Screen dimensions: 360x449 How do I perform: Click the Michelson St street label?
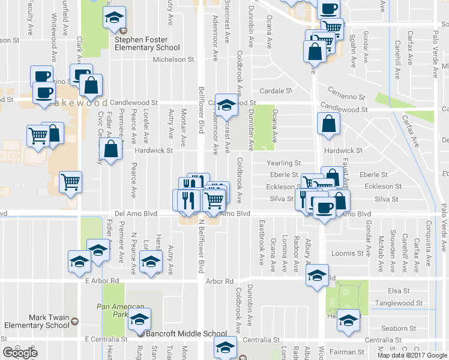173,59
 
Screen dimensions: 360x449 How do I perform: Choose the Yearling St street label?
284,163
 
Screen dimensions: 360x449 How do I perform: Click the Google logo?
20,353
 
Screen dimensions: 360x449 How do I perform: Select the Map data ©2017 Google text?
412,355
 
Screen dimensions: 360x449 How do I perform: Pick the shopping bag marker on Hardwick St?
112,151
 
